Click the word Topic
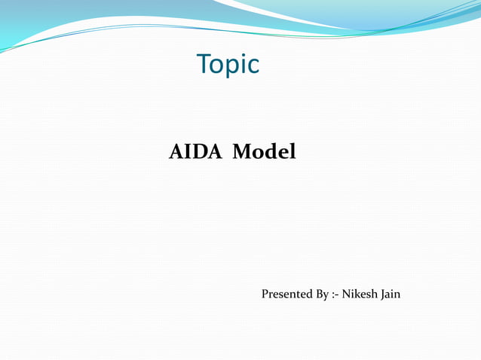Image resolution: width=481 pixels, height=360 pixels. (228, 65)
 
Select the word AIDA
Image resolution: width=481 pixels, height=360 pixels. (195, 152)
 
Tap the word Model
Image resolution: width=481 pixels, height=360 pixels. (264, 152)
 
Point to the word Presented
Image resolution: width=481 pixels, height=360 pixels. (286, 294)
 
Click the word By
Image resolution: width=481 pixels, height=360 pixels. (321, 294)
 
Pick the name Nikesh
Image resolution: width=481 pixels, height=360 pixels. (360, 294)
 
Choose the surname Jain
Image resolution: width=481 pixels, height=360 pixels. (391, 294)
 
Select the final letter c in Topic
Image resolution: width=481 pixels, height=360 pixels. (253, 66)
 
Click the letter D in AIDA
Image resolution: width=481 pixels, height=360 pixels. (200, 152)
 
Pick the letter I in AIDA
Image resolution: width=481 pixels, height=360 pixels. (188, 152)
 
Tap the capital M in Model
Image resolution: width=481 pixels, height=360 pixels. (242, 152)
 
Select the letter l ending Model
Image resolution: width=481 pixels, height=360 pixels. (293, 151)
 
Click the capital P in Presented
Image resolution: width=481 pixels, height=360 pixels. (265, 294)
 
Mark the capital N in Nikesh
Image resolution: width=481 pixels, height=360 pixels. (347, 294)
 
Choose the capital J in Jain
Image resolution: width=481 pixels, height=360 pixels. (383, 294)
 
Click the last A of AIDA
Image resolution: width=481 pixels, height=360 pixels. (214, 152)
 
